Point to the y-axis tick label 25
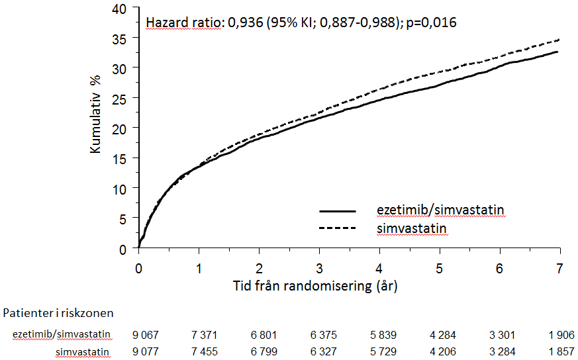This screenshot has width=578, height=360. pos(119,98)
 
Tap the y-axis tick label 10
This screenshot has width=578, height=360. pos(119,189)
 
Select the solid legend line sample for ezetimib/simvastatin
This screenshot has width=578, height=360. pos(338,210)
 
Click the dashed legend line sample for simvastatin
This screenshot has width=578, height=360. pos(338,228)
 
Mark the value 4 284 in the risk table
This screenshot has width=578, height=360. pos(440,335)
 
